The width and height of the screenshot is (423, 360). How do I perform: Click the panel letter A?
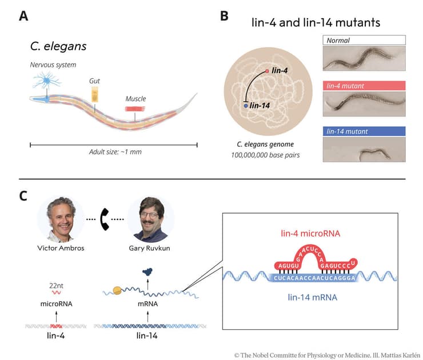point(23,15)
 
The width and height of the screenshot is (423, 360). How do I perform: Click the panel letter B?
point(225,15)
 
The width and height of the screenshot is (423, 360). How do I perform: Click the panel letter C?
point(23,196)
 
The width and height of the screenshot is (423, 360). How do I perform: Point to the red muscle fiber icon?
point(135,108)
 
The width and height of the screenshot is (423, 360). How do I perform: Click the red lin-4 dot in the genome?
point(266,71)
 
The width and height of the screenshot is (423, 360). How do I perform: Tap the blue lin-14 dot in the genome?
point(246,106)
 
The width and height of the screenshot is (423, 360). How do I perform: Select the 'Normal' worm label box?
point(364,40)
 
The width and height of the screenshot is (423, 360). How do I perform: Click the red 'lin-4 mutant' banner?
point(364,85)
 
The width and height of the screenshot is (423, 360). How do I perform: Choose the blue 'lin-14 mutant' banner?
point(364,131)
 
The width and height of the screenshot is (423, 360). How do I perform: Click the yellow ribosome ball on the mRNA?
point(117,290)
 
